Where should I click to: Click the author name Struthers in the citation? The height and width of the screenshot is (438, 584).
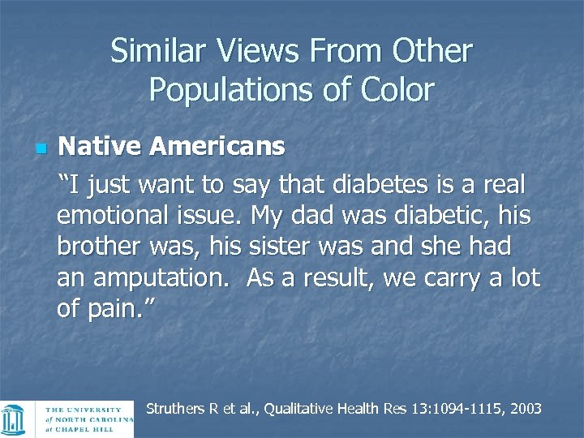[x=175, y=409]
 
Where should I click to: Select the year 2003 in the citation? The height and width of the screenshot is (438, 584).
[x=525, y=409]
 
